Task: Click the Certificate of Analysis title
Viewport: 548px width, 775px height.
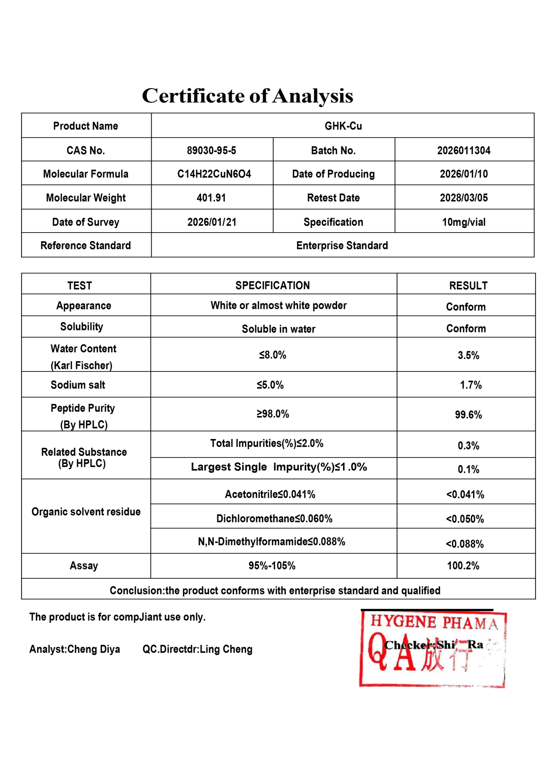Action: click(x=247, y=96)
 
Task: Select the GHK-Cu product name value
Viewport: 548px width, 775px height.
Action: click(x=343, y=126)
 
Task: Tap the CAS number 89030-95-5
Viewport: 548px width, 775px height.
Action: click(x=211, y=150)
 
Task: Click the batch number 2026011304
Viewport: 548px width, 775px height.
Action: click(x=464, y=150)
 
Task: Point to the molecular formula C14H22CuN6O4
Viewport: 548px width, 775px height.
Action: click(x=214, y=174)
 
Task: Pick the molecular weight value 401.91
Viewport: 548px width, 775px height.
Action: click(x=211, y=197)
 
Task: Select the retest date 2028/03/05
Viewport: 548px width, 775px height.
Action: click(x=464, y=197)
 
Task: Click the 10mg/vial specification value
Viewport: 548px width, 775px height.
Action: click(x=464, y=222)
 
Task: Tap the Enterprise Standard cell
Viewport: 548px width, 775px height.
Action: click(x=342, y=246)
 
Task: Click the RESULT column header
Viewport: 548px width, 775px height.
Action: click(x=468, y=285)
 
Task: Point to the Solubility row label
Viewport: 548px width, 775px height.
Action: click(x=82, y=327)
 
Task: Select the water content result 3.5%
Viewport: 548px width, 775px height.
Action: click(x=468, y=355)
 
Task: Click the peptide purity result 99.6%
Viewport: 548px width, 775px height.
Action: click(x=468, y=414)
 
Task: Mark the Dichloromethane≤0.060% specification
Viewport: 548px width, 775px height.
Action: click(x=274, y=519)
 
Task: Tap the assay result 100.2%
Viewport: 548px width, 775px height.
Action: click(x=463, y=566)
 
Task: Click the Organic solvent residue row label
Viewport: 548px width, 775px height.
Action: click(x=86, y=512)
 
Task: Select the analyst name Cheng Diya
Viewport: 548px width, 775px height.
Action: click(x=94, y=649)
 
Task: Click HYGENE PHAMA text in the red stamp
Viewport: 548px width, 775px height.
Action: click(x=434, y=622)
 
